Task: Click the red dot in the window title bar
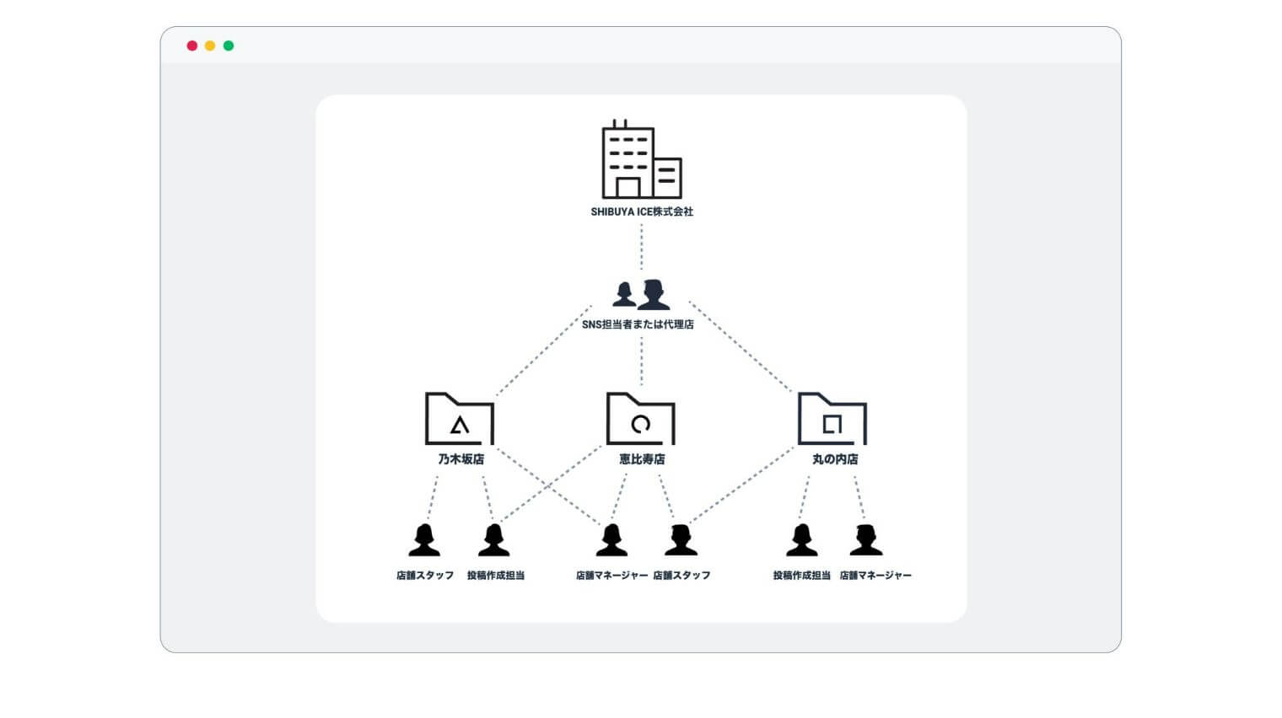192,46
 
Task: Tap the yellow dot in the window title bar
210,46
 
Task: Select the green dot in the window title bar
229,46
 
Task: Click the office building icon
642,159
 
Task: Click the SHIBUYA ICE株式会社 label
642,212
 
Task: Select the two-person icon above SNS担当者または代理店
640,294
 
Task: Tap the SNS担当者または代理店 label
638,324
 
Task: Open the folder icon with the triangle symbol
459,419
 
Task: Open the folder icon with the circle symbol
640,419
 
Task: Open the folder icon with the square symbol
832,419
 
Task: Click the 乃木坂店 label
461,459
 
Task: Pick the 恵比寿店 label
642,459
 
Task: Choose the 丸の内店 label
835,459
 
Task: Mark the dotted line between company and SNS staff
641,247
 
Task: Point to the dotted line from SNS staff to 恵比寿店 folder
641,361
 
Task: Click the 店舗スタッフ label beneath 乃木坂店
425,575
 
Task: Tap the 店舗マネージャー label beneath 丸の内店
875,575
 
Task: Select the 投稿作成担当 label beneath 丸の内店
801,575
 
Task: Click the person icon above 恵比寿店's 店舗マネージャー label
611,539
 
